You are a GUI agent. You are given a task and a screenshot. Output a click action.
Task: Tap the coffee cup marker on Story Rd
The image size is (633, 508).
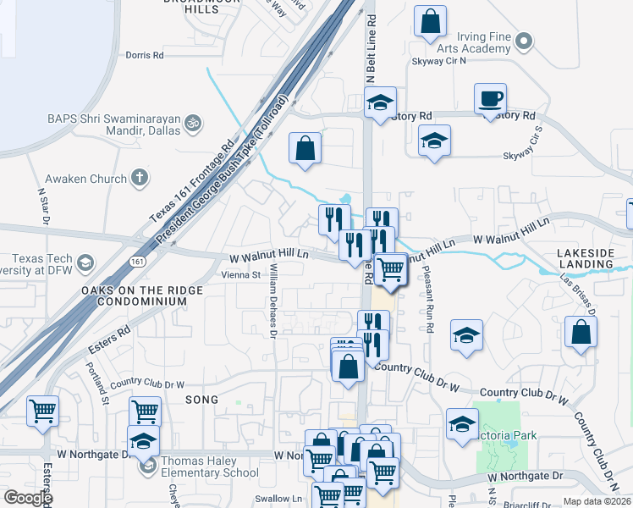click(490, 99)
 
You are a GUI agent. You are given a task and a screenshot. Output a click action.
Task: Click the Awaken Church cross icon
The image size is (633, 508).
click(140, 178)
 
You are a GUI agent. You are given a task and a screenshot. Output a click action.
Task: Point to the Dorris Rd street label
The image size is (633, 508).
click(144, 55)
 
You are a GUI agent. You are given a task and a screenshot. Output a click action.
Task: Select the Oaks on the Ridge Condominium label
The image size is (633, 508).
click(141, 295)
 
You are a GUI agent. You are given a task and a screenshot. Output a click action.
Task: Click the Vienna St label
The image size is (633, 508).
click(240, 275)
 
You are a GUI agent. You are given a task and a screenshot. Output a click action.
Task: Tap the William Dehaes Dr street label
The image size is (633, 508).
click(272, 300)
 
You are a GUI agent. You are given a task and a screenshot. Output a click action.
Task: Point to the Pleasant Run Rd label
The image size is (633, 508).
click(430, 305)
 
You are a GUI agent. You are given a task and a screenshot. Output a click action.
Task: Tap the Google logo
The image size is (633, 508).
click(28, 498)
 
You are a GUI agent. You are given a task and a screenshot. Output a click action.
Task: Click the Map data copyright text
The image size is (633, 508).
click(597, 501)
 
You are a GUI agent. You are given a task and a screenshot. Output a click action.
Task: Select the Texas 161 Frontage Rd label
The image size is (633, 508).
click(191, 182)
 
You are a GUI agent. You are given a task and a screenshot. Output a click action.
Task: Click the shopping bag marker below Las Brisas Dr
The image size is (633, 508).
click(581, 333)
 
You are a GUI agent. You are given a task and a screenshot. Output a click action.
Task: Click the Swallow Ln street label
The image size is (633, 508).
click(284, 499)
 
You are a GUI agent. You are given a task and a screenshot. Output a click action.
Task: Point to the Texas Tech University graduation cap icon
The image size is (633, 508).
click(85, 263)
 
